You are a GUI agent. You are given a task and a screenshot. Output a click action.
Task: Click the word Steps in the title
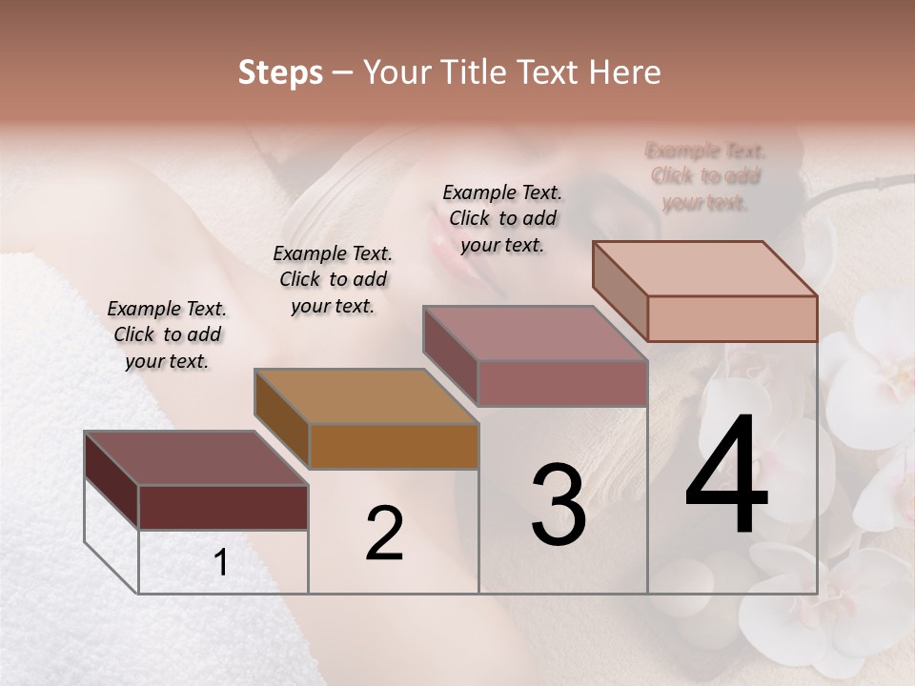click(280, 72)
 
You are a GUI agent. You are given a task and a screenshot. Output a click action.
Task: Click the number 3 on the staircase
click(558, 506)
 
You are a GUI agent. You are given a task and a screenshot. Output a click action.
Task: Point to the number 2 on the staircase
click(384, 535)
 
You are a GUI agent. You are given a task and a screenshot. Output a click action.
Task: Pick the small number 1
click(221, 563)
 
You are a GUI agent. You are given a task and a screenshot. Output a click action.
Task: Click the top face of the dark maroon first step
click(195, 458)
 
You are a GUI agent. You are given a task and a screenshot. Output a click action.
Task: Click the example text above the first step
click(167, 334)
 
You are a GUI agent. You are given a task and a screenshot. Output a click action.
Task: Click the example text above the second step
click(333, 279)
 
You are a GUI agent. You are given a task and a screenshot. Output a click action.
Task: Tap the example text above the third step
click(502, 218)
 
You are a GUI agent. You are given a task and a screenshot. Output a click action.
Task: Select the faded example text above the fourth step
click(705, 176)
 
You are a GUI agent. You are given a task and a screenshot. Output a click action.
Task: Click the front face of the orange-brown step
click(394, 446)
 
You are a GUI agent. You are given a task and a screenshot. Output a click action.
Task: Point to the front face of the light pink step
click(732, 318)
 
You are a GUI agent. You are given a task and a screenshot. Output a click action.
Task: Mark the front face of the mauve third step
click(562, 383)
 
